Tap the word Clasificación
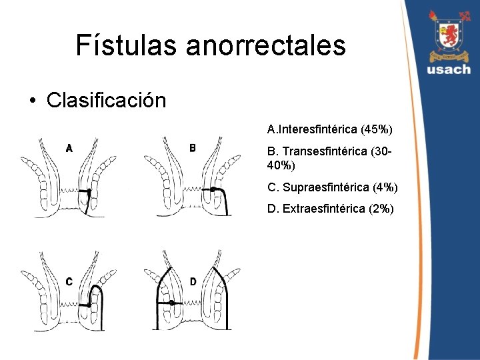(106, 101)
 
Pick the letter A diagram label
(69, 147)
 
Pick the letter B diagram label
(193, 147)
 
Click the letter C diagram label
(69, 281)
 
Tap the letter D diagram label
(193, 281)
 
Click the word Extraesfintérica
(319, 209)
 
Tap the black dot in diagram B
(211, 190)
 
